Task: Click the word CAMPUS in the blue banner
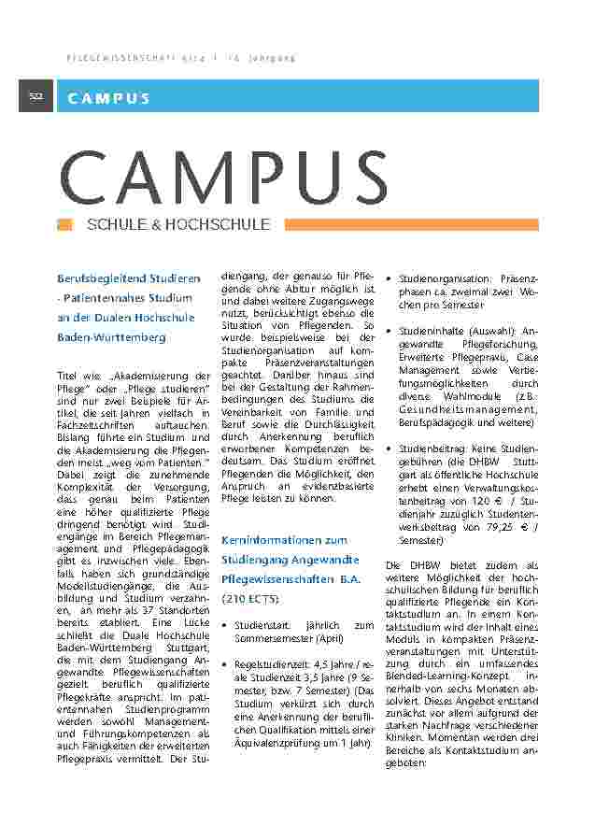[x=108, y=97]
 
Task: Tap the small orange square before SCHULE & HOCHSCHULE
[x=64, y=224]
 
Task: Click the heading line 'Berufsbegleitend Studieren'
[x=129, y=279]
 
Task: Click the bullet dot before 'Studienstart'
[x=224, y=624]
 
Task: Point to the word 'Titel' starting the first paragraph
[x=68, y=375]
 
